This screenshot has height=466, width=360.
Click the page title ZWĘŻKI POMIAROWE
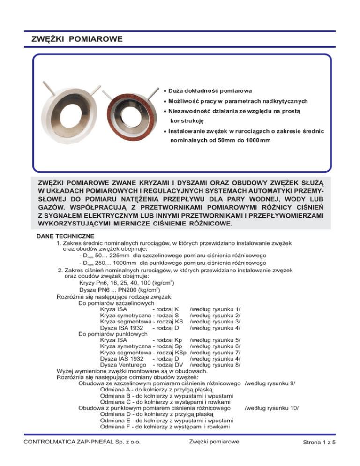click(75, 38)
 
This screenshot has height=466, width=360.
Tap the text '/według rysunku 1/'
click(215, 308)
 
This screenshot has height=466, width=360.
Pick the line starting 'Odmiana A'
click(157, 390)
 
